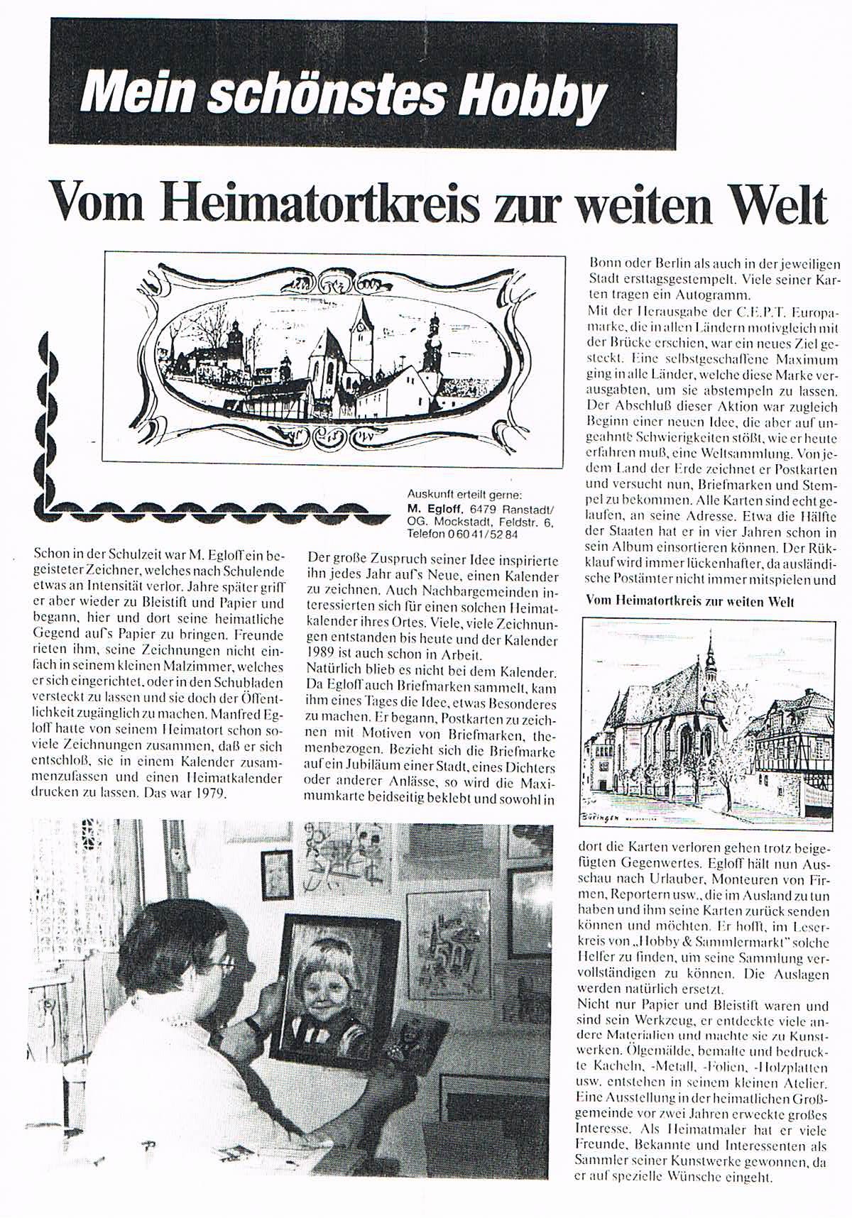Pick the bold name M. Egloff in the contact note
(x=437, y=508)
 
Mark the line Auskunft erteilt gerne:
(x=464, y=495)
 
